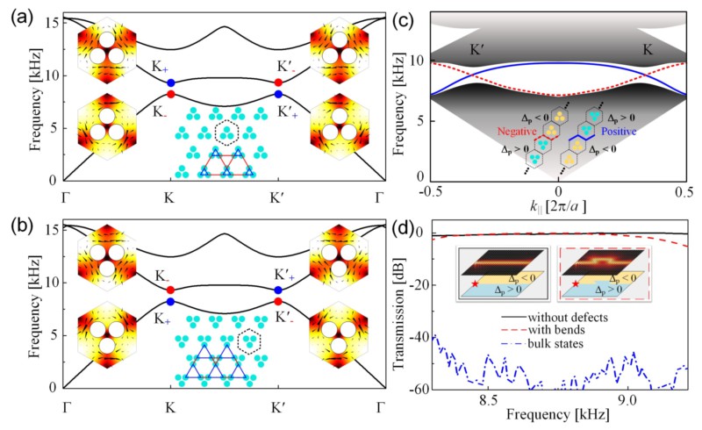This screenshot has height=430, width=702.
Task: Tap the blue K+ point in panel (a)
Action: point(171,82)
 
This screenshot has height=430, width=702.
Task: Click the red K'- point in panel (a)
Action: point(278,82)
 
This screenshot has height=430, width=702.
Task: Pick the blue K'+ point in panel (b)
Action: point(278,290)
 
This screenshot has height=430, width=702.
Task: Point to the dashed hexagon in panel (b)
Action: point(251,338)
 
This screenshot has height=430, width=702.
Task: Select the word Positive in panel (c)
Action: point(635,130)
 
